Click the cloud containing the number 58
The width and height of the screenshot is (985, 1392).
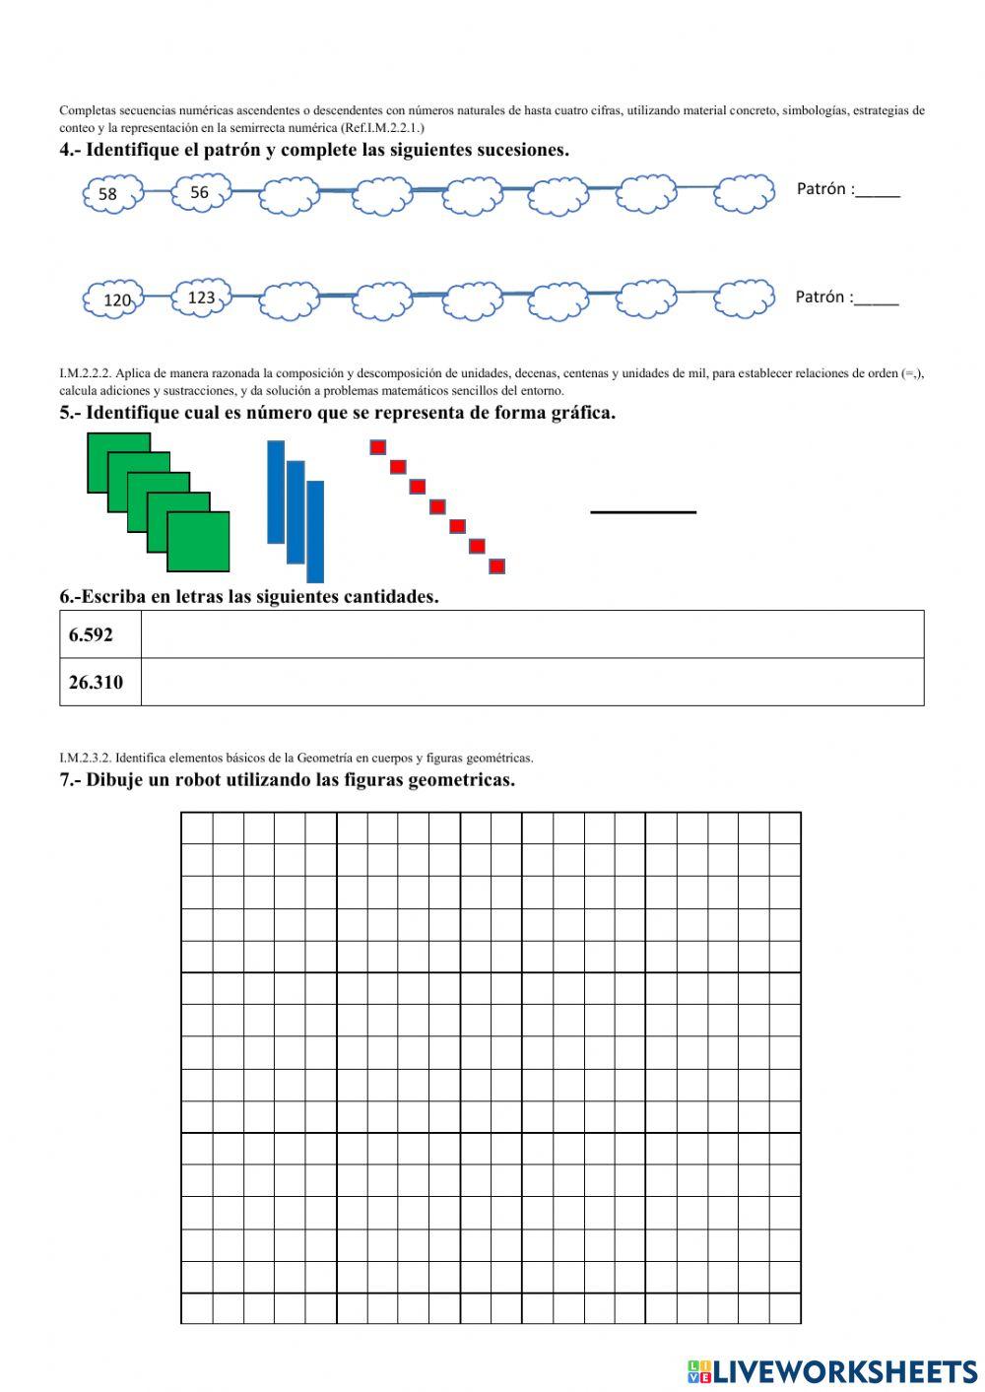point(110,194)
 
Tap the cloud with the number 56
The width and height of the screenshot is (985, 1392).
point(201,193)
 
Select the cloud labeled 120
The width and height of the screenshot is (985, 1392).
point(114,299)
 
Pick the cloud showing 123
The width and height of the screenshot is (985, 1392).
point(202,297)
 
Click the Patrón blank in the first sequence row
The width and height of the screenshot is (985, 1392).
point(877,190)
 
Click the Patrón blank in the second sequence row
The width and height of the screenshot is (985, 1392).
point(876,298)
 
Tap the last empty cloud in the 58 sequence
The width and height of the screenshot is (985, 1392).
point(744,193)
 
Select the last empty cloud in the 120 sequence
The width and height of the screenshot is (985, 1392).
point(744,299)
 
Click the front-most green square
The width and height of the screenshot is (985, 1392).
point(198,542)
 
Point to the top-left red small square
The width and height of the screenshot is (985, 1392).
point(377,447)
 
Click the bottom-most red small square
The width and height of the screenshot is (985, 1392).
point(496,565)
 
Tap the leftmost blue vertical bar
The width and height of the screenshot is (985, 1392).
point(276,492)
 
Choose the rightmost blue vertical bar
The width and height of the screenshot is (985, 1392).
point(315,531)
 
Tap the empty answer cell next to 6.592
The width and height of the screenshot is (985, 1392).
point(532,635)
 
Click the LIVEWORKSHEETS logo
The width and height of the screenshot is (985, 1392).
point(831,1370)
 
